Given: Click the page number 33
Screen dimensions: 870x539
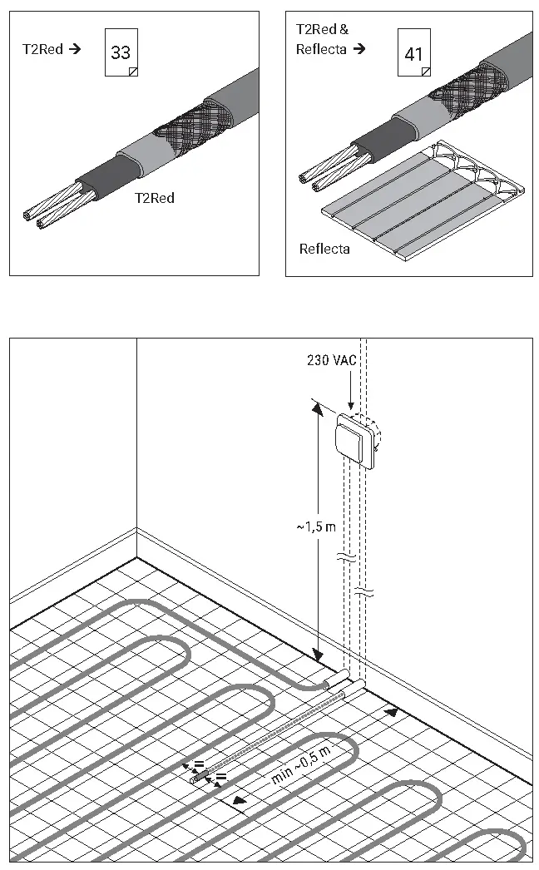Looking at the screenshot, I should pyautogui.click(x=121, y=52).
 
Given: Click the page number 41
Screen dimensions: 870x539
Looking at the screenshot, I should pyautogui.click(x=413, y=56).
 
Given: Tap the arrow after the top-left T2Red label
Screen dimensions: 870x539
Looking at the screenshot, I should pyautogui.click(x=75, y=49).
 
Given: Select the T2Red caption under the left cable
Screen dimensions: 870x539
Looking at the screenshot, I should pyautogui.click(x=155, y=198).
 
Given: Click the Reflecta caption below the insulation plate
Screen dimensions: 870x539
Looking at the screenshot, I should pyautogui.click(x=324, y=249).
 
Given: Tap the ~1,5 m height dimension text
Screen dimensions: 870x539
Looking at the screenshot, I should pyautogui.click(x=315, y=526).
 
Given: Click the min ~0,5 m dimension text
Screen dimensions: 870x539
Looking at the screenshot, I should pyautogui.click(x=301, y=766).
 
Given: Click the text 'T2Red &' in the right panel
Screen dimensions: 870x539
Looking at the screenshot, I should pyautogui.click(x=322, y=29).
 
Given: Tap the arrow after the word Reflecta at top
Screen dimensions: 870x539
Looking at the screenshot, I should pyautogui.click(x=359, y=49).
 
